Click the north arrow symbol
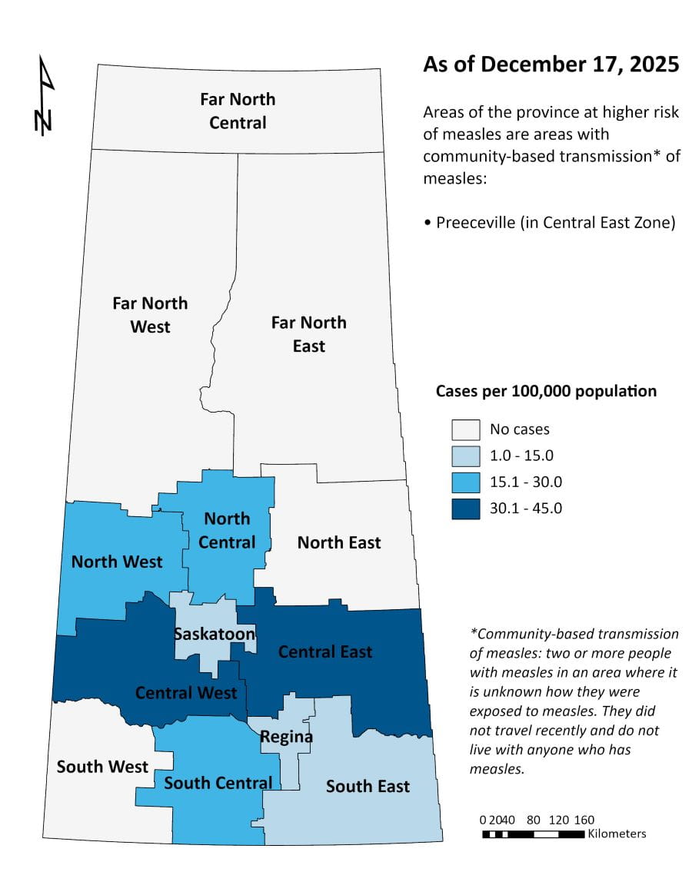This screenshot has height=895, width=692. [x=45, y=96]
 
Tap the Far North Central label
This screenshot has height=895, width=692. [x=238, y=111]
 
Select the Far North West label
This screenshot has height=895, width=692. [x=150, y=315]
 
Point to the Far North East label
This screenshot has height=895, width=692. [x=308, y=334]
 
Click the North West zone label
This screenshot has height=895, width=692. [x=117, y=562]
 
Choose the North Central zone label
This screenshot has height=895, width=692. [x=227, y=530]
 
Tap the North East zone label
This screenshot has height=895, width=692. [x=339, y=542]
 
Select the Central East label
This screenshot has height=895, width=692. [x=325, y=651]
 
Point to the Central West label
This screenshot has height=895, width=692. [x=186, y=693]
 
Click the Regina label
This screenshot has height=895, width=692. [x=286, y=737]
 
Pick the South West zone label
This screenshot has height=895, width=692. [x=102, y=766]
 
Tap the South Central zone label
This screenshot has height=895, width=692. [x=218, y=783]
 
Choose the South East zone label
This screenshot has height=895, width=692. [x=368, y=786]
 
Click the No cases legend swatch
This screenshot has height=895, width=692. [x=465, y=429]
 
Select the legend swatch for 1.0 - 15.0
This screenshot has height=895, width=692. [x=465, y=456]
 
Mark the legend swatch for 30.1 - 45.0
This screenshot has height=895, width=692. [x=465, y=508]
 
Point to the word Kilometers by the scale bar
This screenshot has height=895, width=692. [x=617, y=834]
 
